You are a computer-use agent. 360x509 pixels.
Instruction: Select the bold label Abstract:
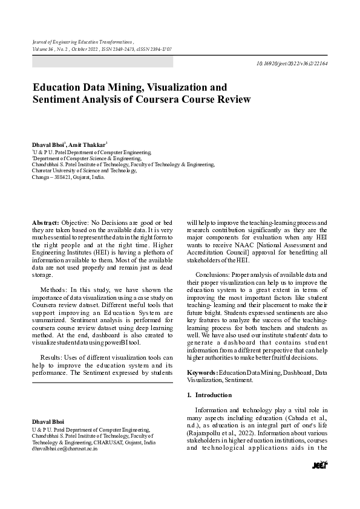click(x=45, y=223)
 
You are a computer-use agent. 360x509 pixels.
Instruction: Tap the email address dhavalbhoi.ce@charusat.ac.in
click(x=65, y=450)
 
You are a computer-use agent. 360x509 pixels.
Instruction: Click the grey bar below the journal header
click(x=102, y=62)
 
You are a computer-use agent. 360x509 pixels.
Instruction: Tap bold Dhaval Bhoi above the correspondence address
click(x=48, y=421)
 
